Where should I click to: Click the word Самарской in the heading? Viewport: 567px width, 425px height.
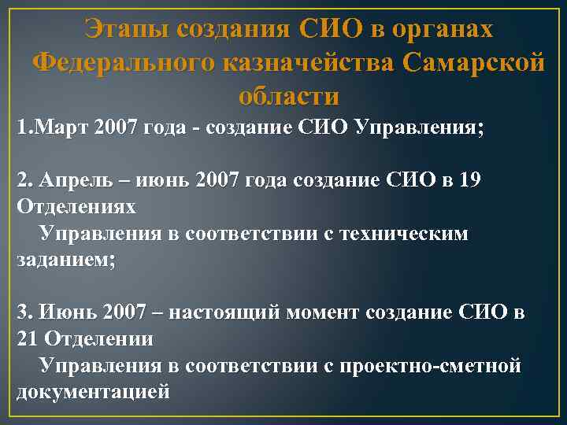click(x=472, y=62)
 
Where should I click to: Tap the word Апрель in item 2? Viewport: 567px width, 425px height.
click(x=67, y=181)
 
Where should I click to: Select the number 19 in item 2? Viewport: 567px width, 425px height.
click(x=468, y=181)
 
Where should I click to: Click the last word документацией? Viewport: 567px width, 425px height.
click(x=93, y=391)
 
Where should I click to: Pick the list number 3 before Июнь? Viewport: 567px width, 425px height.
click(x=23, y=312)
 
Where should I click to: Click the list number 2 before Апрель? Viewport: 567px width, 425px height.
click(x=23, y=181)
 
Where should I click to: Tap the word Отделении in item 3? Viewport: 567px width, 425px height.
click(x=99, y=339)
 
